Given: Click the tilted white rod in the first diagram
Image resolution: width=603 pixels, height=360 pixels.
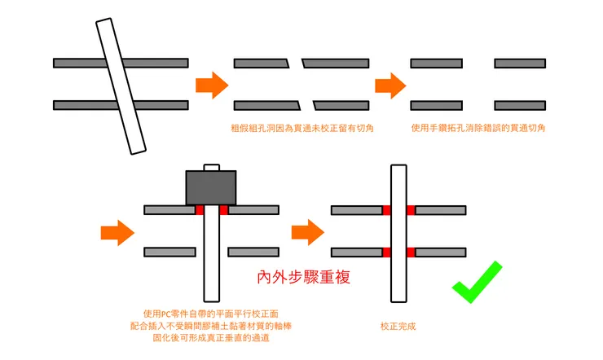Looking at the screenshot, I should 119,86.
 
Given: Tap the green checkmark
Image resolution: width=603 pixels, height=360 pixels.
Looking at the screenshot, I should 478,282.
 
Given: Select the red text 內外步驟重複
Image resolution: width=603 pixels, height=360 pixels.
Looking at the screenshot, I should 303,277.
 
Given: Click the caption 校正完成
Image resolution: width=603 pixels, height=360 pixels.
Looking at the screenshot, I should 398,326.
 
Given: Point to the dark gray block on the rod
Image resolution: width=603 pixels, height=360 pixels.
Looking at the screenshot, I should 211,187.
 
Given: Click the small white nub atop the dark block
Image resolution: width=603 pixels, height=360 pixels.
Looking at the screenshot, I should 211,168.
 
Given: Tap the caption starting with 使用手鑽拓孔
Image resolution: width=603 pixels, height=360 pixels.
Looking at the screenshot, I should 478,128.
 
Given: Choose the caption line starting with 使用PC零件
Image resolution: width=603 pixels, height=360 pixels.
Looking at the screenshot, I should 212,314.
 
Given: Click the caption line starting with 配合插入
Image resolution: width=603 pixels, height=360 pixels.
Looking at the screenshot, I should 212,326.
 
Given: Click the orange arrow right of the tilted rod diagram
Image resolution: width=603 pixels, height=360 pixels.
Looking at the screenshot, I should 212,84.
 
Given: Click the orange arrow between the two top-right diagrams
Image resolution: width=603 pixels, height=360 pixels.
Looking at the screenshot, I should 391,84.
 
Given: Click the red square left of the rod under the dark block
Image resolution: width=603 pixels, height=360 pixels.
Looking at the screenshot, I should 199,210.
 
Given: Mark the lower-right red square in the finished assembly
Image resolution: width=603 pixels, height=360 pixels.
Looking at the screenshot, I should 411,252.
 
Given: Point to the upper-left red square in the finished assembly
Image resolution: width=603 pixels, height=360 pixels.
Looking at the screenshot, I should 386,210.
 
